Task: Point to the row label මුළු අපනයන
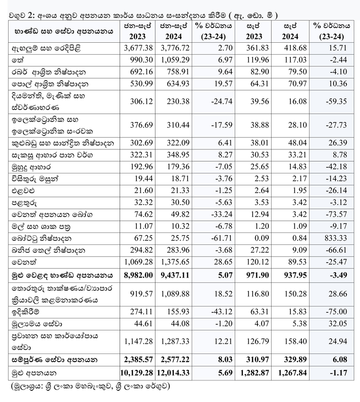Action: [31, 373]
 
